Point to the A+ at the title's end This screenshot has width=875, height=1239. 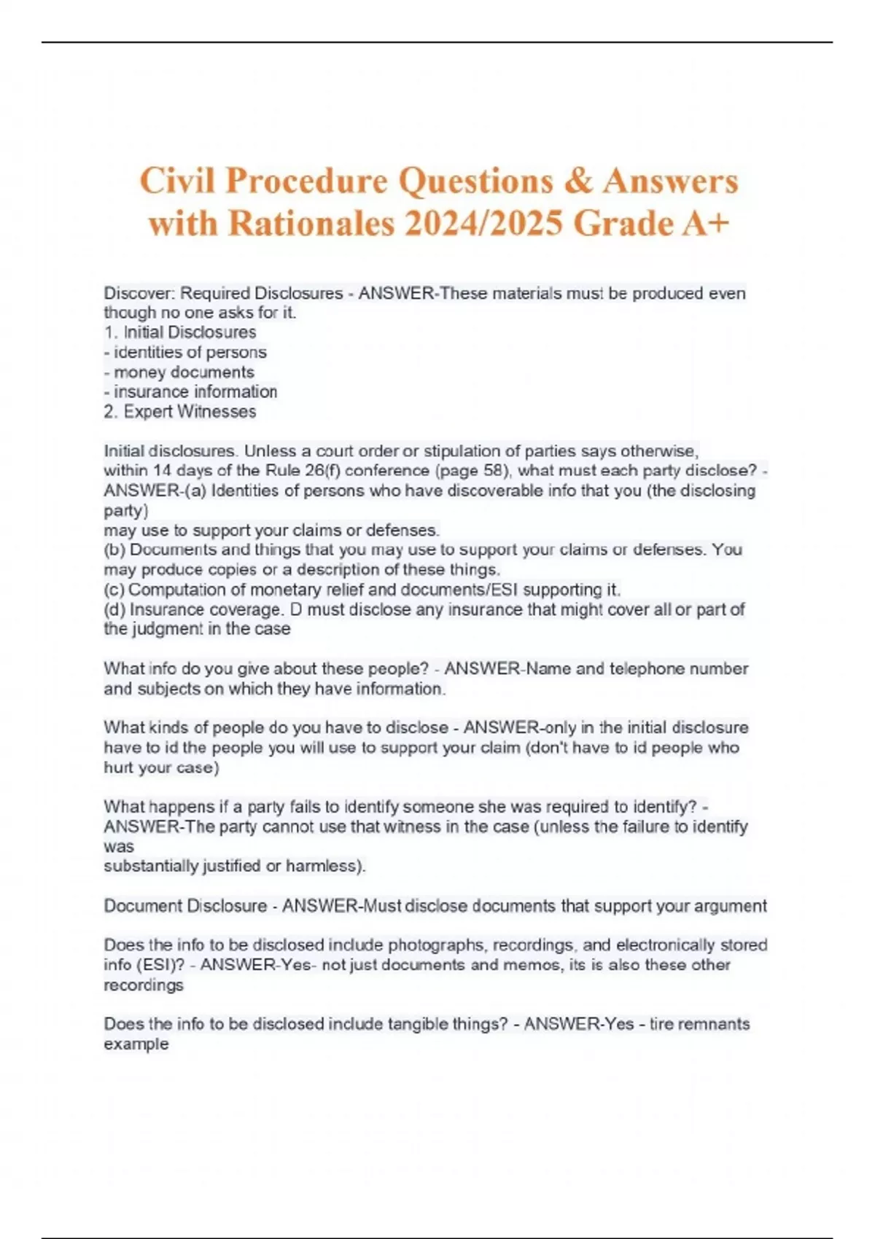pyautogui.click(x=705, y=224)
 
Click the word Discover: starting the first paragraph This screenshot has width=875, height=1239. pyautogui.click(x=139, y=294)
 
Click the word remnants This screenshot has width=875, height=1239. pyautogui.click(x=714, y=1024)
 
